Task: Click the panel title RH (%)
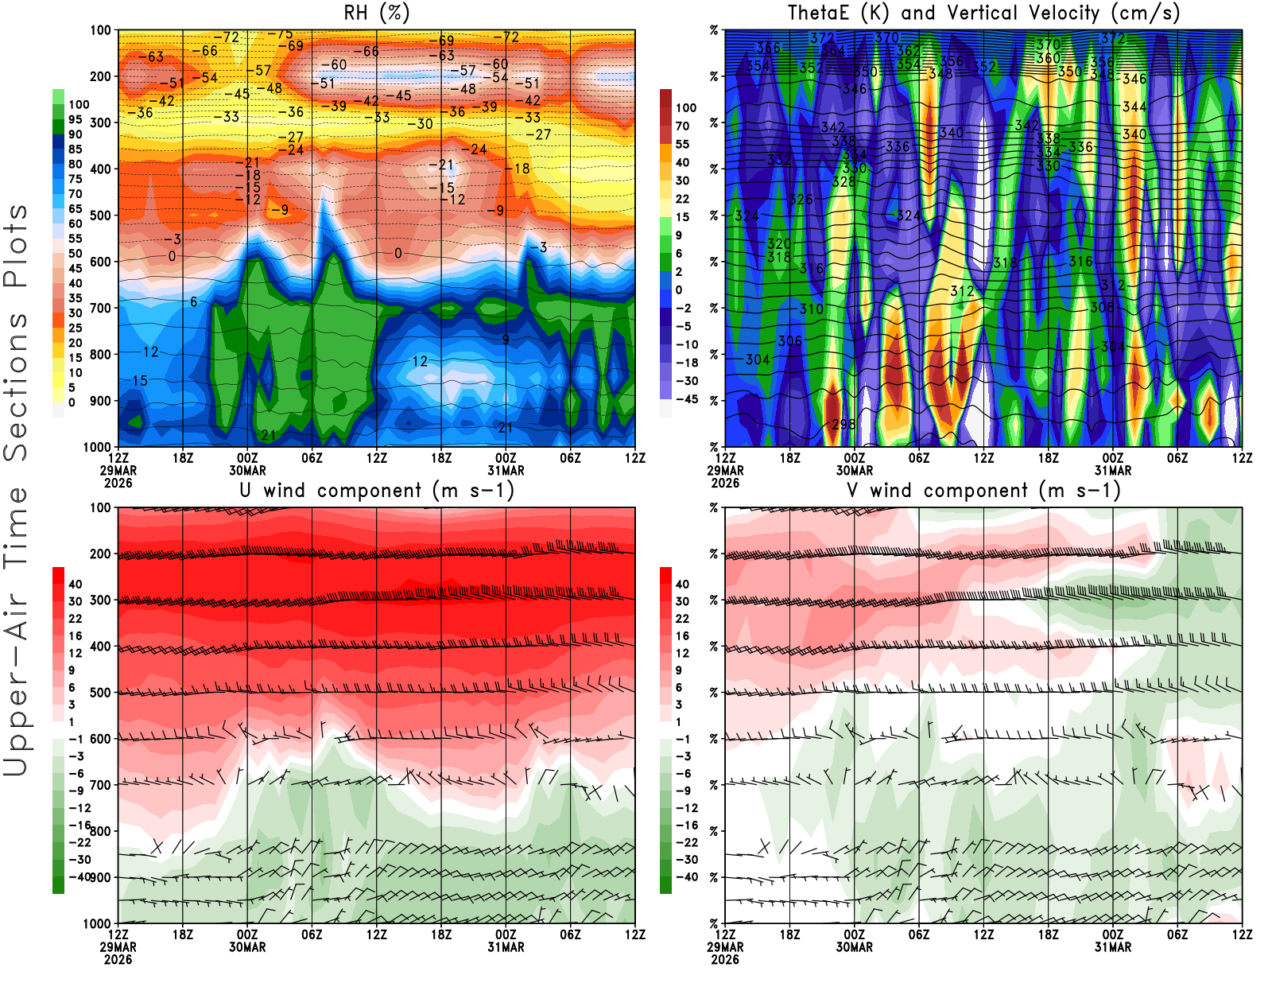pyautogui.click(x=376, y=13)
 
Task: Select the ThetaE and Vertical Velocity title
pyautogui.click(x=983, y=13)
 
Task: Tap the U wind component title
pyautogui.click(x=377, y=490)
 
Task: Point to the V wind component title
pyautogui.click(x=983, y=490)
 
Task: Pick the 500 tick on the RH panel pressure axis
pyautogui.click(x=100, y=216)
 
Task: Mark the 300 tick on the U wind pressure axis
pyautogui.click(x=100, y=600)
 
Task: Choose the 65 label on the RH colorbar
pyautogui.click(x=75, y=209)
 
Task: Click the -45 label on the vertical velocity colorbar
pyautogui.click(x=686, y=399)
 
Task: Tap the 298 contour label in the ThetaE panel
pyautogui.click(x=843, y=424)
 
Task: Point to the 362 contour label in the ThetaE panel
pyautogui.click(x=907, y=51)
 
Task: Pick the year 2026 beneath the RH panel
pyautogui.click(x=118, y=483)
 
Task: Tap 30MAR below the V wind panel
pyautogui.click(x=854, y=947)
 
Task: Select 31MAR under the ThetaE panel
pyautogui.click(x=1112, y=470)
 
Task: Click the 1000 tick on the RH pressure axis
pyautogui.click(x=97, y=447)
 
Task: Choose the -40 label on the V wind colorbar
pyautogui.click(x=686, y=877)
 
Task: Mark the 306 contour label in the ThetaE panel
pyautogui.click(x=789, y=340)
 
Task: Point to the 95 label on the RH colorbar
pyautogui.click(x=75, y=119)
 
